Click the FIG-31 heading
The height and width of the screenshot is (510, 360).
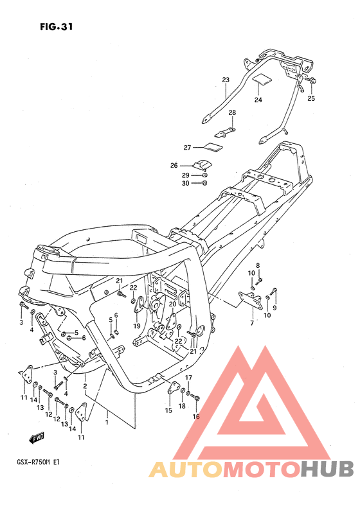[x=57, y=26]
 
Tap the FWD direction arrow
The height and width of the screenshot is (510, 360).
[x=36, y=439]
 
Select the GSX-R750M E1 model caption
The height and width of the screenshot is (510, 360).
[x=38, y=462]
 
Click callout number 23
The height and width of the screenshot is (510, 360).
[x=226, y=80]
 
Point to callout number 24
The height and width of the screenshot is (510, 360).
[x=258, y=100]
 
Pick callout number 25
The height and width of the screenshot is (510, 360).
[x=311, y=98]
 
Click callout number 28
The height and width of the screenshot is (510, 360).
[x=232, y=113]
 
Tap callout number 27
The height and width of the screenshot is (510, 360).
[x=187, y=148]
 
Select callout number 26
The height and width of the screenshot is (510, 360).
[x=174, y=166]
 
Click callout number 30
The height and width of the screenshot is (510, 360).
[x=186, y=184]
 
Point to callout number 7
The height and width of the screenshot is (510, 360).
[x=252, y=323]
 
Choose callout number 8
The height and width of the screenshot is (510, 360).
[x=258, y=265]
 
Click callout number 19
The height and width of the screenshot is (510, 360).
[x=137, y=326]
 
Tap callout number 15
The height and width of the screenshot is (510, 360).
[x=168, y=410]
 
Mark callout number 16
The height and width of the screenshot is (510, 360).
[x=196, y=417]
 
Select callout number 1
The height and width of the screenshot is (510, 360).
[x=107, y=423]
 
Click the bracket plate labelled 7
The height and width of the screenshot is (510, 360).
[x=250, y=300]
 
